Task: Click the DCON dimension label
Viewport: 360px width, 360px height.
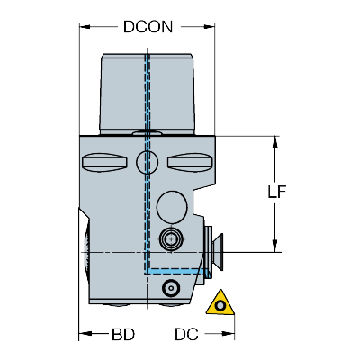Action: (148, 27)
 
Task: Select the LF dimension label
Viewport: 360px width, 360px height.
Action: (276, 192)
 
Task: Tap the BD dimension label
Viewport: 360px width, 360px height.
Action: (123, 334)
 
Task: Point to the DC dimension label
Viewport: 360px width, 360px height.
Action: (186, 334)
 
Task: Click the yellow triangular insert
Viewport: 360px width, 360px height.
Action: (220, 303)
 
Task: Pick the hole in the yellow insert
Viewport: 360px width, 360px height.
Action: (220, 306)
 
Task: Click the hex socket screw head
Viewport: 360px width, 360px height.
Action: (171, 239)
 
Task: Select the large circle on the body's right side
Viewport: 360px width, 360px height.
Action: (172, 207)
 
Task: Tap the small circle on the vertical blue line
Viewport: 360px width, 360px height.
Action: (147, 162)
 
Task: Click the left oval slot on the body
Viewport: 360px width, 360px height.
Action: (103, 162)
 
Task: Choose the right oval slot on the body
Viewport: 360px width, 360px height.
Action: (190, 162)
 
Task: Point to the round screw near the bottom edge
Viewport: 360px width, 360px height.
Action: (171, 288)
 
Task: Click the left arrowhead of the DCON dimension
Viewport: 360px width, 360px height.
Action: (85, 27)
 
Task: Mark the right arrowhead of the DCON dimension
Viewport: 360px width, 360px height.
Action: (210, 27)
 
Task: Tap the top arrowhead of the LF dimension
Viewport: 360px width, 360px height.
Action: (274, 141)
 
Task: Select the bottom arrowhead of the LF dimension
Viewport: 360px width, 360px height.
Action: (274, 247)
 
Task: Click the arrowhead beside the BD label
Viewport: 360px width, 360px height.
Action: (85, 334)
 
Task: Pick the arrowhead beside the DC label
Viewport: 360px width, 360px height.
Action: (229, 334)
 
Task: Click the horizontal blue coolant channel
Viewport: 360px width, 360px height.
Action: (177, 271)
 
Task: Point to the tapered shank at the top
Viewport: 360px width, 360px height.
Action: (147, 94)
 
